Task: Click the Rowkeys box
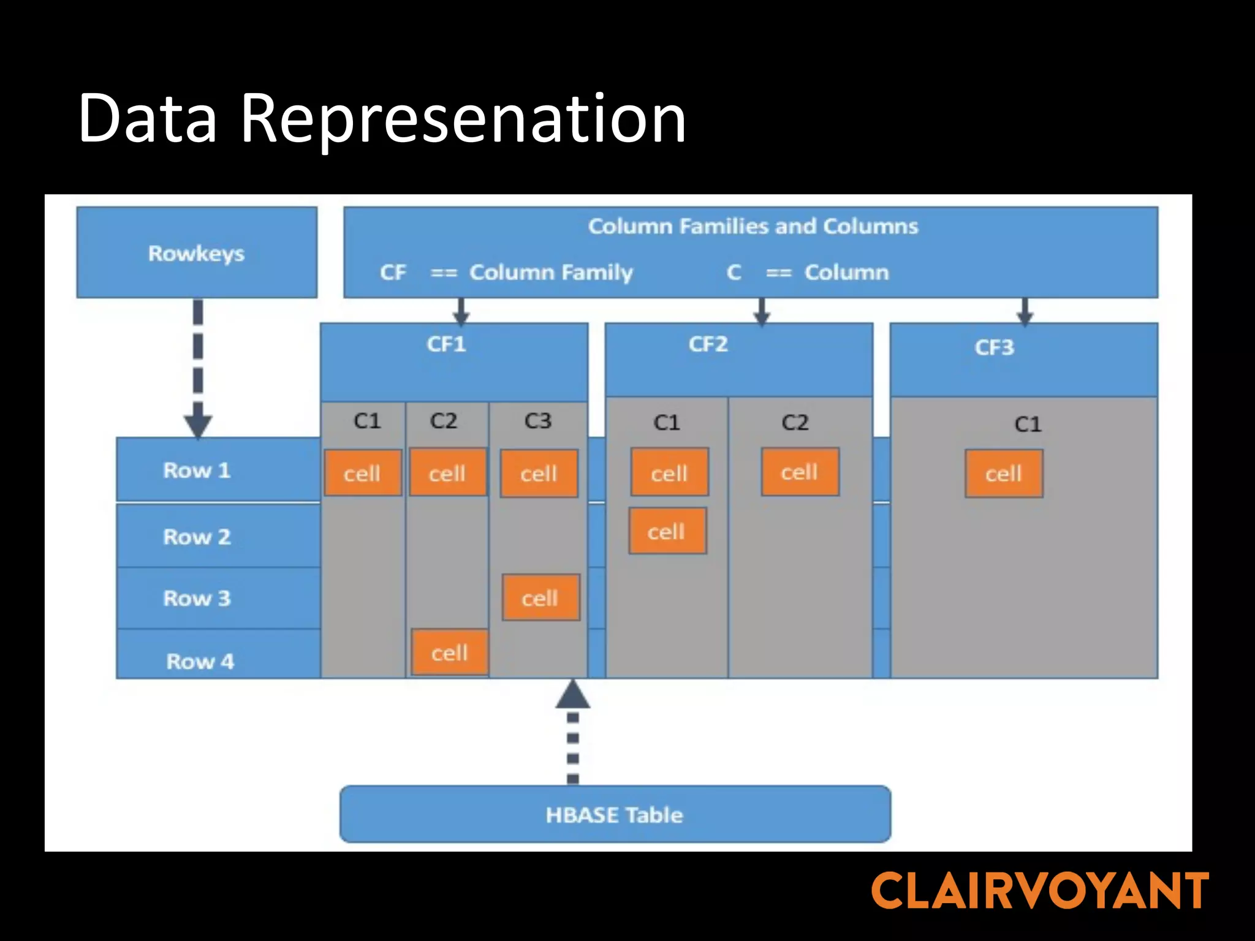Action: click(x=196, y=252)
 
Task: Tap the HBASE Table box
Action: click(x=615, y=814)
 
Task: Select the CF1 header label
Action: click(x=446, y=344)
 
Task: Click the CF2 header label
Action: click(x=708, y=344)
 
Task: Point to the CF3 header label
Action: click(x=994, y=347)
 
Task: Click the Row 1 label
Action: click(x=197, y=470)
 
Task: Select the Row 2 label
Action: click(x=197, y=537)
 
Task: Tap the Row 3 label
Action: click(x=197, y=598)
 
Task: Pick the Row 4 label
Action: click(x=200, y=661)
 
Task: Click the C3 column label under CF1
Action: click(x=537, y=421)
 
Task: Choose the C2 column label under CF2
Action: click(x=795, y=422)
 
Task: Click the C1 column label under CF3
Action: click(x=1028, y=424)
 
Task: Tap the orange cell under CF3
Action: click(x=1003, y=474)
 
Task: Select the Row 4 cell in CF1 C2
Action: click(x=449, y=652)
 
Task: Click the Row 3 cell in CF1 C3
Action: click(x=540, y=598)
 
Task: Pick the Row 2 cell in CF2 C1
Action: click(x=667, y=531)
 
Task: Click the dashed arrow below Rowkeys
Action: click(x=198, y=368)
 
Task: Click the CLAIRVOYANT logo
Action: click(x=1039, y=891)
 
